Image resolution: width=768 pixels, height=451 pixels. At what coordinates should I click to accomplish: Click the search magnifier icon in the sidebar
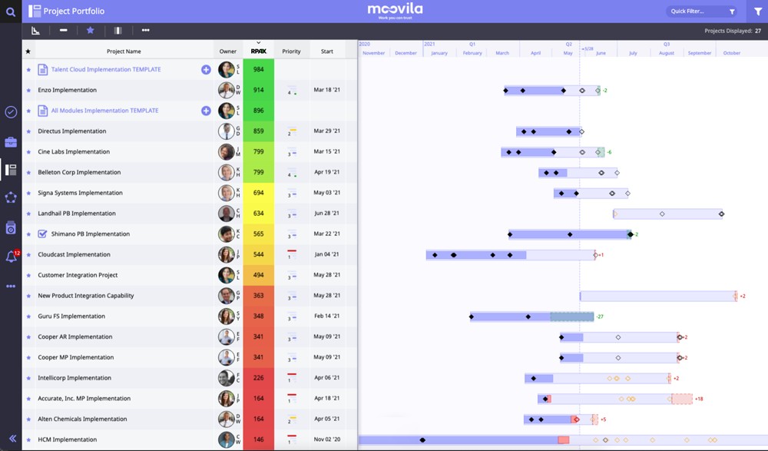pyautogui.click(x=11, y=12)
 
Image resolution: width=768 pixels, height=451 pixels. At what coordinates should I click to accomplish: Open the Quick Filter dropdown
pyautogui.click(x=700, y=12)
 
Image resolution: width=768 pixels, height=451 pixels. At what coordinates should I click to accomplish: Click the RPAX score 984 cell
pyautogui.click(x=258, y=70)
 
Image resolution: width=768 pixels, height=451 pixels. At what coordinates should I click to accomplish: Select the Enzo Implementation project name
pyautogui.click(x=68, y=91)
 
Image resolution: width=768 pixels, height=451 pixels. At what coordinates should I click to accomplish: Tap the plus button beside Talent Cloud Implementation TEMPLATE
pyautogui.click(x=206, y=70)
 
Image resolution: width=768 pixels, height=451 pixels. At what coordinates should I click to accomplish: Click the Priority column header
pyautogui.click(x=291, y=51)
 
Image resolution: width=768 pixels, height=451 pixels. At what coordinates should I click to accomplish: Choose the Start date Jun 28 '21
pyautogui.click(x=327, y=214)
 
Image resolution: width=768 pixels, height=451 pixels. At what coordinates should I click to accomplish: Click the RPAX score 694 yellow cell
pyautogui.click(x=258, y=193)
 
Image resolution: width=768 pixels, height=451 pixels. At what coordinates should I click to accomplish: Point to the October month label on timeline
pyautogui.click(x=732, y=53)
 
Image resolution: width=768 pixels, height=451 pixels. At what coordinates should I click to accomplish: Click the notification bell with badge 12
pyautogui.click(x=11, y=257)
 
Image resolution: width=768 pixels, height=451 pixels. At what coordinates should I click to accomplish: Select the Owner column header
pyautogui.click(x=228, y=51)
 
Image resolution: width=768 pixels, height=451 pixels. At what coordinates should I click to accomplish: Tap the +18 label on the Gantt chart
pyautogui.click(x=699, y=399)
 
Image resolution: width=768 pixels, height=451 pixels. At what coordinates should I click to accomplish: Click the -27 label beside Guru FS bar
pyautogui.click(x=600, y=317)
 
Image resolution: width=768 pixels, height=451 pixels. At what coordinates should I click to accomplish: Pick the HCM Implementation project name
pyautogui.click(x=68, y=440)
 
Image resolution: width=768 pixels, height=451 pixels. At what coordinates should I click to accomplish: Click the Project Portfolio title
pyautogui.click(x=74, y=12)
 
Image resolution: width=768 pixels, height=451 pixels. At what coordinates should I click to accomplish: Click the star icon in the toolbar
pyautogui.click(x=90, y=31)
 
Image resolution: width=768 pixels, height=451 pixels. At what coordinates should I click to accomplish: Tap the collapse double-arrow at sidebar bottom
pyautogui.click(x=11, y=438)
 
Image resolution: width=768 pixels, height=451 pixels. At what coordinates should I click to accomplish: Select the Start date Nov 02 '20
pyautogui.click(x=327, y=439)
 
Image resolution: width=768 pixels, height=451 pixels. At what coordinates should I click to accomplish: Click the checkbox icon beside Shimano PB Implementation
pyautogui.click(x=42, y=234)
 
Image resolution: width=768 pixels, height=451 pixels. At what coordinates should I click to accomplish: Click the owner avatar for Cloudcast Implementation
pyautogui.click(x=226, y=254)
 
